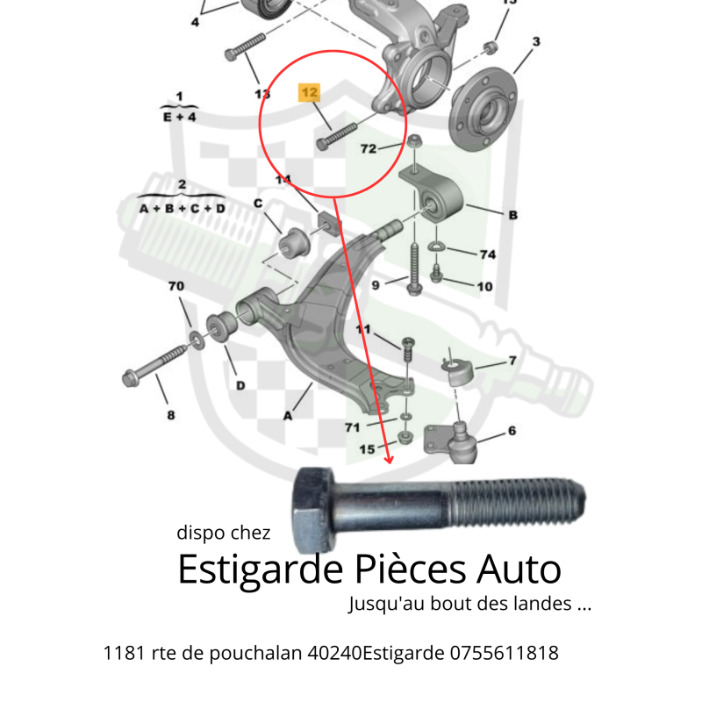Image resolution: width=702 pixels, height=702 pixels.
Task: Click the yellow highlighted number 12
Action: [x=309, y=93]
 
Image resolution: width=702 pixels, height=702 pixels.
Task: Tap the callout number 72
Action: [x=369, y=148]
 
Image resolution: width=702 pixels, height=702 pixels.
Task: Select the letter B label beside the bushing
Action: [x=513, y=215]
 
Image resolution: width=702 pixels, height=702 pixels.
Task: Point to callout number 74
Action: [x=488, y=254]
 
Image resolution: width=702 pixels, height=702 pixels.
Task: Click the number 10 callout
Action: [x=484, y=287]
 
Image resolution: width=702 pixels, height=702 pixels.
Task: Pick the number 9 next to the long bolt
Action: [x=376, y=285]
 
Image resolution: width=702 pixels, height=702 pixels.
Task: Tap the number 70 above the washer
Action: [x=176, y=286]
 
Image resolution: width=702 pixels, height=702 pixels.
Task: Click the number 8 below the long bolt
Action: [x=171, y=415]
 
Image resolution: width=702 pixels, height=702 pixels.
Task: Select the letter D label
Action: [x=240, y=385]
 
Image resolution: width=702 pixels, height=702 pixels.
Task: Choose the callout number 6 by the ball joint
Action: [x=512, y=431]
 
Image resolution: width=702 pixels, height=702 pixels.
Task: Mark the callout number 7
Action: [x=512, y=361]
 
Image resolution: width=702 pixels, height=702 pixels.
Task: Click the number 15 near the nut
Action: [x=367, y=449]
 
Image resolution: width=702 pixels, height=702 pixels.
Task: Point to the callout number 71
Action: [x=353, y=427]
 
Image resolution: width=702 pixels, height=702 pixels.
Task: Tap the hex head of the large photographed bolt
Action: [x=313, y=510]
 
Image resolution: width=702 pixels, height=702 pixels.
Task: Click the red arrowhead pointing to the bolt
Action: [x=389, y=459]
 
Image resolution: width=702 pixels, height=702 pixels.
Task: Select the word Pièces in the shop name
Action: [x=411, y=569]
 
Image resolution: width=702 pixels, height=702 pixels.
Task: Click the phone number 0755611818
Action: [x=504, y=653]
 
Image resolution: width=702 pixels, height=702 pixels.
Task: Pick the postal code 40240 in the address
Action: [x=334, y=653]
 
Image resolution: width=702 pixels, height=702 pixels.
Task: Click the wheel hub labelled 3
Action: [x=484, y=109]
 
